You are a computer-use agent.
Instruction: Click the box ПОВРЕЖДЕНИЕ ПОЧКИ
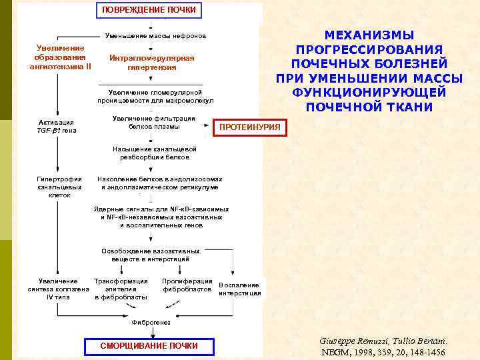[x=149, y=10]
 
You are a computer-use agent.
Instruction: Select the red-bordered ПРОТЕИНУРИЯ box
[x=250, y=127]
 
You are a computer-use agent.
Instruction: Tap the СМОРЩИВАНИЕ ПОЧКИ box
[x=149, y=345]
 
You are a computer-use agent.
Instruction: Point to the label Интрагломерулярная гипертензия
[x=152, y=63]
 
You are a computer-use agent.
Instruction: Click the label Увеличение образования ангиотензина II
[x=60, y=57]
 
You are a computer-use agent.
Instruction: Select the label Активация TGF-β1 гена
[x=57, y=126]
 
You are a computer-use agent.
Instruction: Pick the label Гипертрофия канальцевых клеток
[x=59, y=187]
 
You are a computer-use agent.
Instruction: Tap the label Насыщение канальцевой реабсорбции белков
[x=155, y=153]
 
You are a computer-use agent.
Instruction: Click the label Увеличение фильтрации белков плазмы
[x=154, y=122]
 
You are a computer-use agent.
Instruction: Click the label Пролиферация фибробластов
[x=187, y=285]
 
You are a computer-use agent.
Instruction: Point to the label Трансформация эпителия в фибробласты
[x=121, y=289]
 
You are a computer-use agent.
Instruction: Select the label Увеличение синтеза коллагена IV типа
[x=59, y=289]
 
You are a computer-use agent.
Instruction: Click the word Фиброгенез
[x=151, y=322]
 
